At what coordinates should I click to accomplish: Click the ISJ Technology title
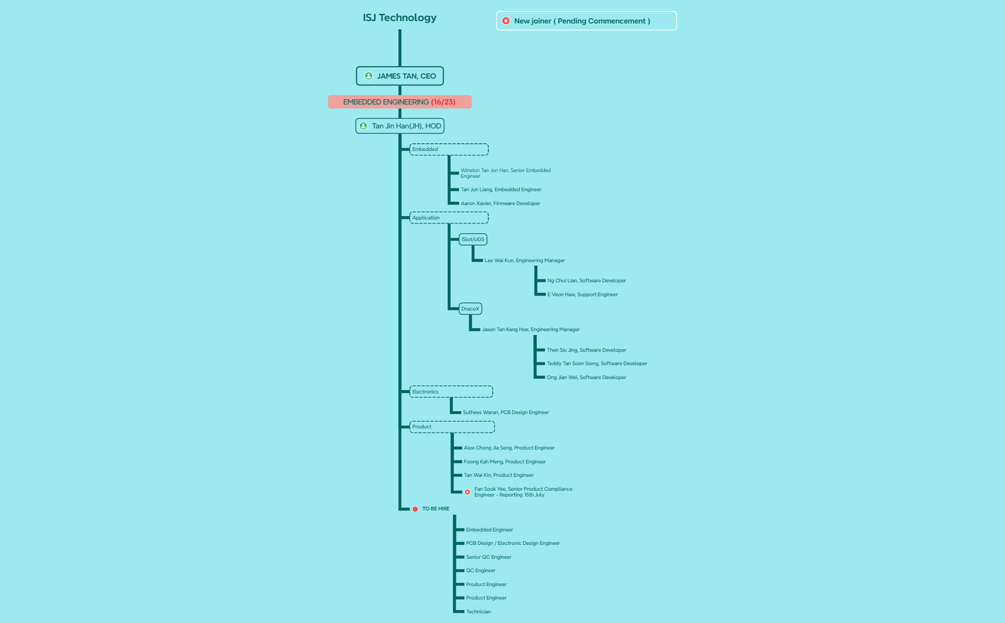point(399,18)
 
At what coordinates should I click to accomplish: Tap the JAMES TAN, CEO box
point(400,76)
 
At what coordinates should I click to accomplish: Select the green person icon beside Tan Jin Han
point(363,126)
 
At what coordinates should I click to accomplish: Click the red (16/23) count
point(443,102)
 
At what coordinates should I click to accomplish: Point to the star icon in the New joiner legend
point(506,21)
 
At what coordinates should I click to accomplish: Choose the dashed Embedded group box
point(449,150)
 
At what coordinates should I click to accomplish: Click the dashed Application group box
point(449,218)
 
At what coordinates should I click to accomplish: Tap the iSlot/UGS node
point(473,239)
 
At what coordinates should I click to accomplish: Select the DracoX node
point(470,309)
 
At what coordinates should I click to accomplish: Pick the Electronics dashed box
point(451,392)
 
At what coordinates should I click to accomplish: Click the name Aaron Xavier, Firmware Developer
point(500,203)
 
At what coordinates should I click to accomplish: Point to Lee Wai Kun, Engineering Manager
point(525,260)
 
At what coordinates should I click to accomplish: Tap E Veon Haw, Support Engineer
point(583,294)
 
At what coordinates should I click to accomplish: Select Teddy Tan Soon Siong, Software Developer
point(597,363)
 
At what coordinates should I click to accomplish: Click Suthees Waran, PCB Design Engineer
point(506,412)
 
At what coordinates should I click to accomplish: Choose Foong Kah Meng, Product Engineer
point(505,461)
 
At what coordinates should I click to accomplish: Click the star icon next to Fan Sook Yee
point(467,492)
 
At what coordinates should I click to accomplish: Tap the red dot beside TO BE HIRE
point(415,509)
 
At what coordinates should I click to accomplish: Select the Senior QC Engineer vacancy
point(489,557)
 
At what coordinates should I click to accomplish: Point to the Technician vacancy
point(478,611)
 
